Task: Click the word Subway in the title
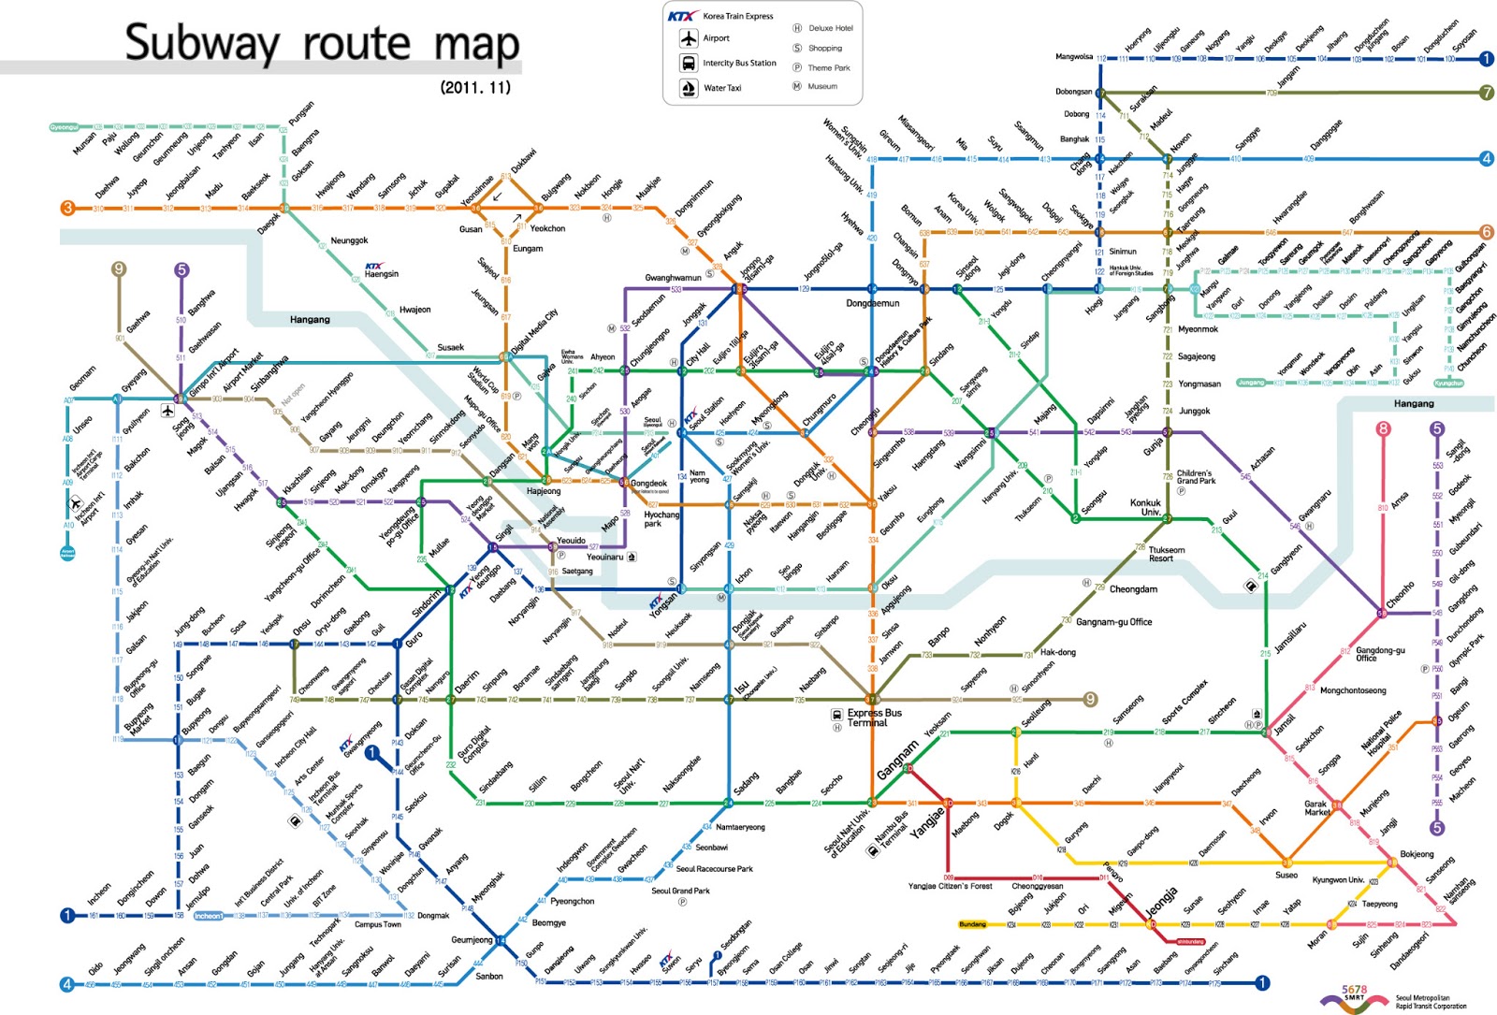pos(202,43)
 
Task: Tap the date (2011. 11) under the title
pos(475,87)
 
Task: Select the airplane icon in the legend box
pos(689,38)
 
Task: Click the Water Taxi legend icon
pos(689,88)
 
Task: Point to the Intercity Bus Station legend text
pos(739,64)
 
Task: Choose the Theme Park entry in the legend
pos(828,67)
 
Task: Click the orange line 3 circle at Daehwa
pos(67,208)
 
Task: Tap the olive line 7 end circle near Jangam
pos(1487,93)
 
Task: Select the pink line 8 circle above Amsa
pos(1383,429)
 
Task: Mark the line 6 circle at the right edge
pos(1486,232)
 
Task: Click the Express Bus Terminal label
pos(874,718)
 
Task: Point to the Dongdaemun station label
pos(872,303)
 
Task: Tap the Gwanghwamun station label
pos(673,278)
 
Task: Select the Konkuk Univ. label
pos(1145,507)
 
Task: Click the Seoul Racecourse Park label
pos(714,869)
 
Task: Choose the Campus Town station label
pos(377,924)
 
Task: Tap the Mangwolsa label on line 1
pos(1073,57)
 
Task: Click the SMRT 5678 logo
pos(1354,998)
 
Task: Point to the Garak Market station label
pos(1316,808)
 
